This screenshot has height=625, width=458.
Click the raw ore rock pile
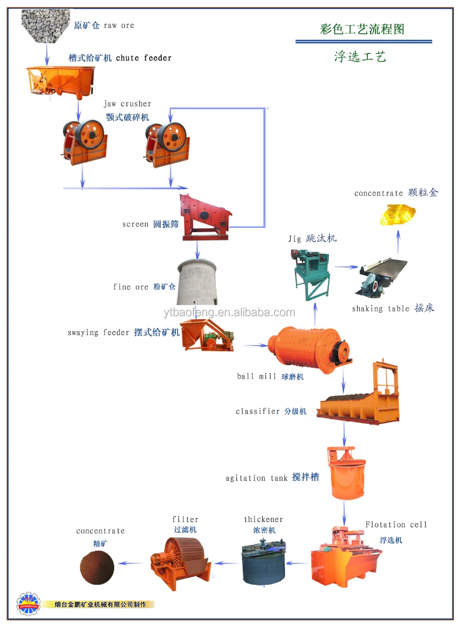(45, 25)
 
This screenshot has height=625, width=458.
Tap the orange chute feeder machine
(60, 80)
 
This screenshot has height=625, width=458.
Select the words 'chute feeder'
(143, 58)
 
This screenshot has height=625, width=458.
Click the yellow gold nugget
(397, 214)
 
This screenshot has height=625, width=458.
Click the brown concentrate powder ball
(97, 567)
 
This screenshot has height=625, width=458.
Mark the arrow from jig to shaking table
(346, 267)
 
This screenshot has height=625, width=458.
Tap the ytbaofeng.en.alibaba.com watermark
(229, 313)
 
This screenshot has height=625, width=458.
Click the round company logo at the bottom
(28, 604)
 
